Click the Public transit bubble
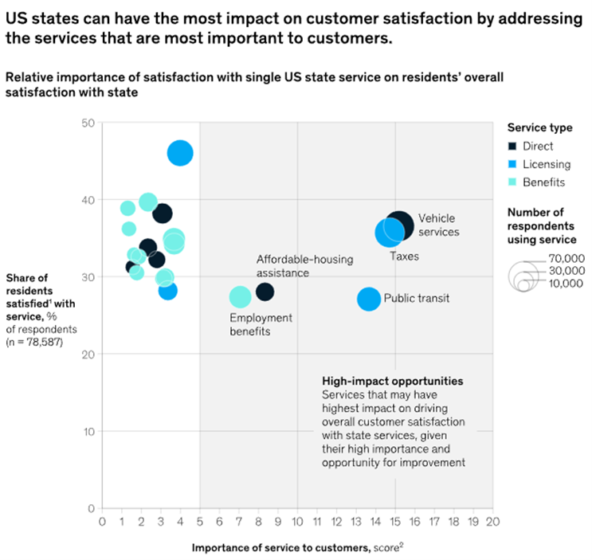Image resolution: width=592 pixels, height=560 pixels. [369, 300]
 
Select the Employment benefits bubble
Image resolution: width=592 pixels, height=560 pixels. [240, 297]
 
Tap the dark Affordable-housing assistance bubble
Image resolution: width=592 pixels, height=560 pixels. [265, 292]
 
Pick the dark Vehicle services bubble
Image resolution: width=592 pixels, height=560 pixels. [401, 226]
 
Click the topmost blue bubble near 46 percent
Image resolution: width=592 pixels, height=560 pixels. [181, 153]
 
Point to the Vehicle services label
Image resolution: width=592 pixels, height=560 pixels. [438, 225]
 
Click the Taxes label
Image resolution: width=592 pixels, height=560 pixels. [404, 257]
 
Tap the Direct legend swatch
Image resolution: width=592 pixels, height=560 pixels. [513, 147]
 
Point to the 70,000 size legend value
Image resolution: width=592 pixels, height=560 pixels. [567, 258]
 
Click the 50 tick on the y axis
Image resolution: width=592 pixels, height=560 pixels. [88, 123]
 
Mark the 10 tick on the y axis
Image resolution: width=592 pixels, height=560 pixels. [88, 431]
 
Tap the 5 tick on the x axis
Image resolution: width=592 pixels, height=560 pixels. [199, 522]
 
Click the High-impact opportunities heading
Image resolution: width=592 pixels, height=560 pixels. [392, 382]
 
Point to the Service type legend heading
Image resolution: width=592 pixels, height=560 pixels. [539, 127]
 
